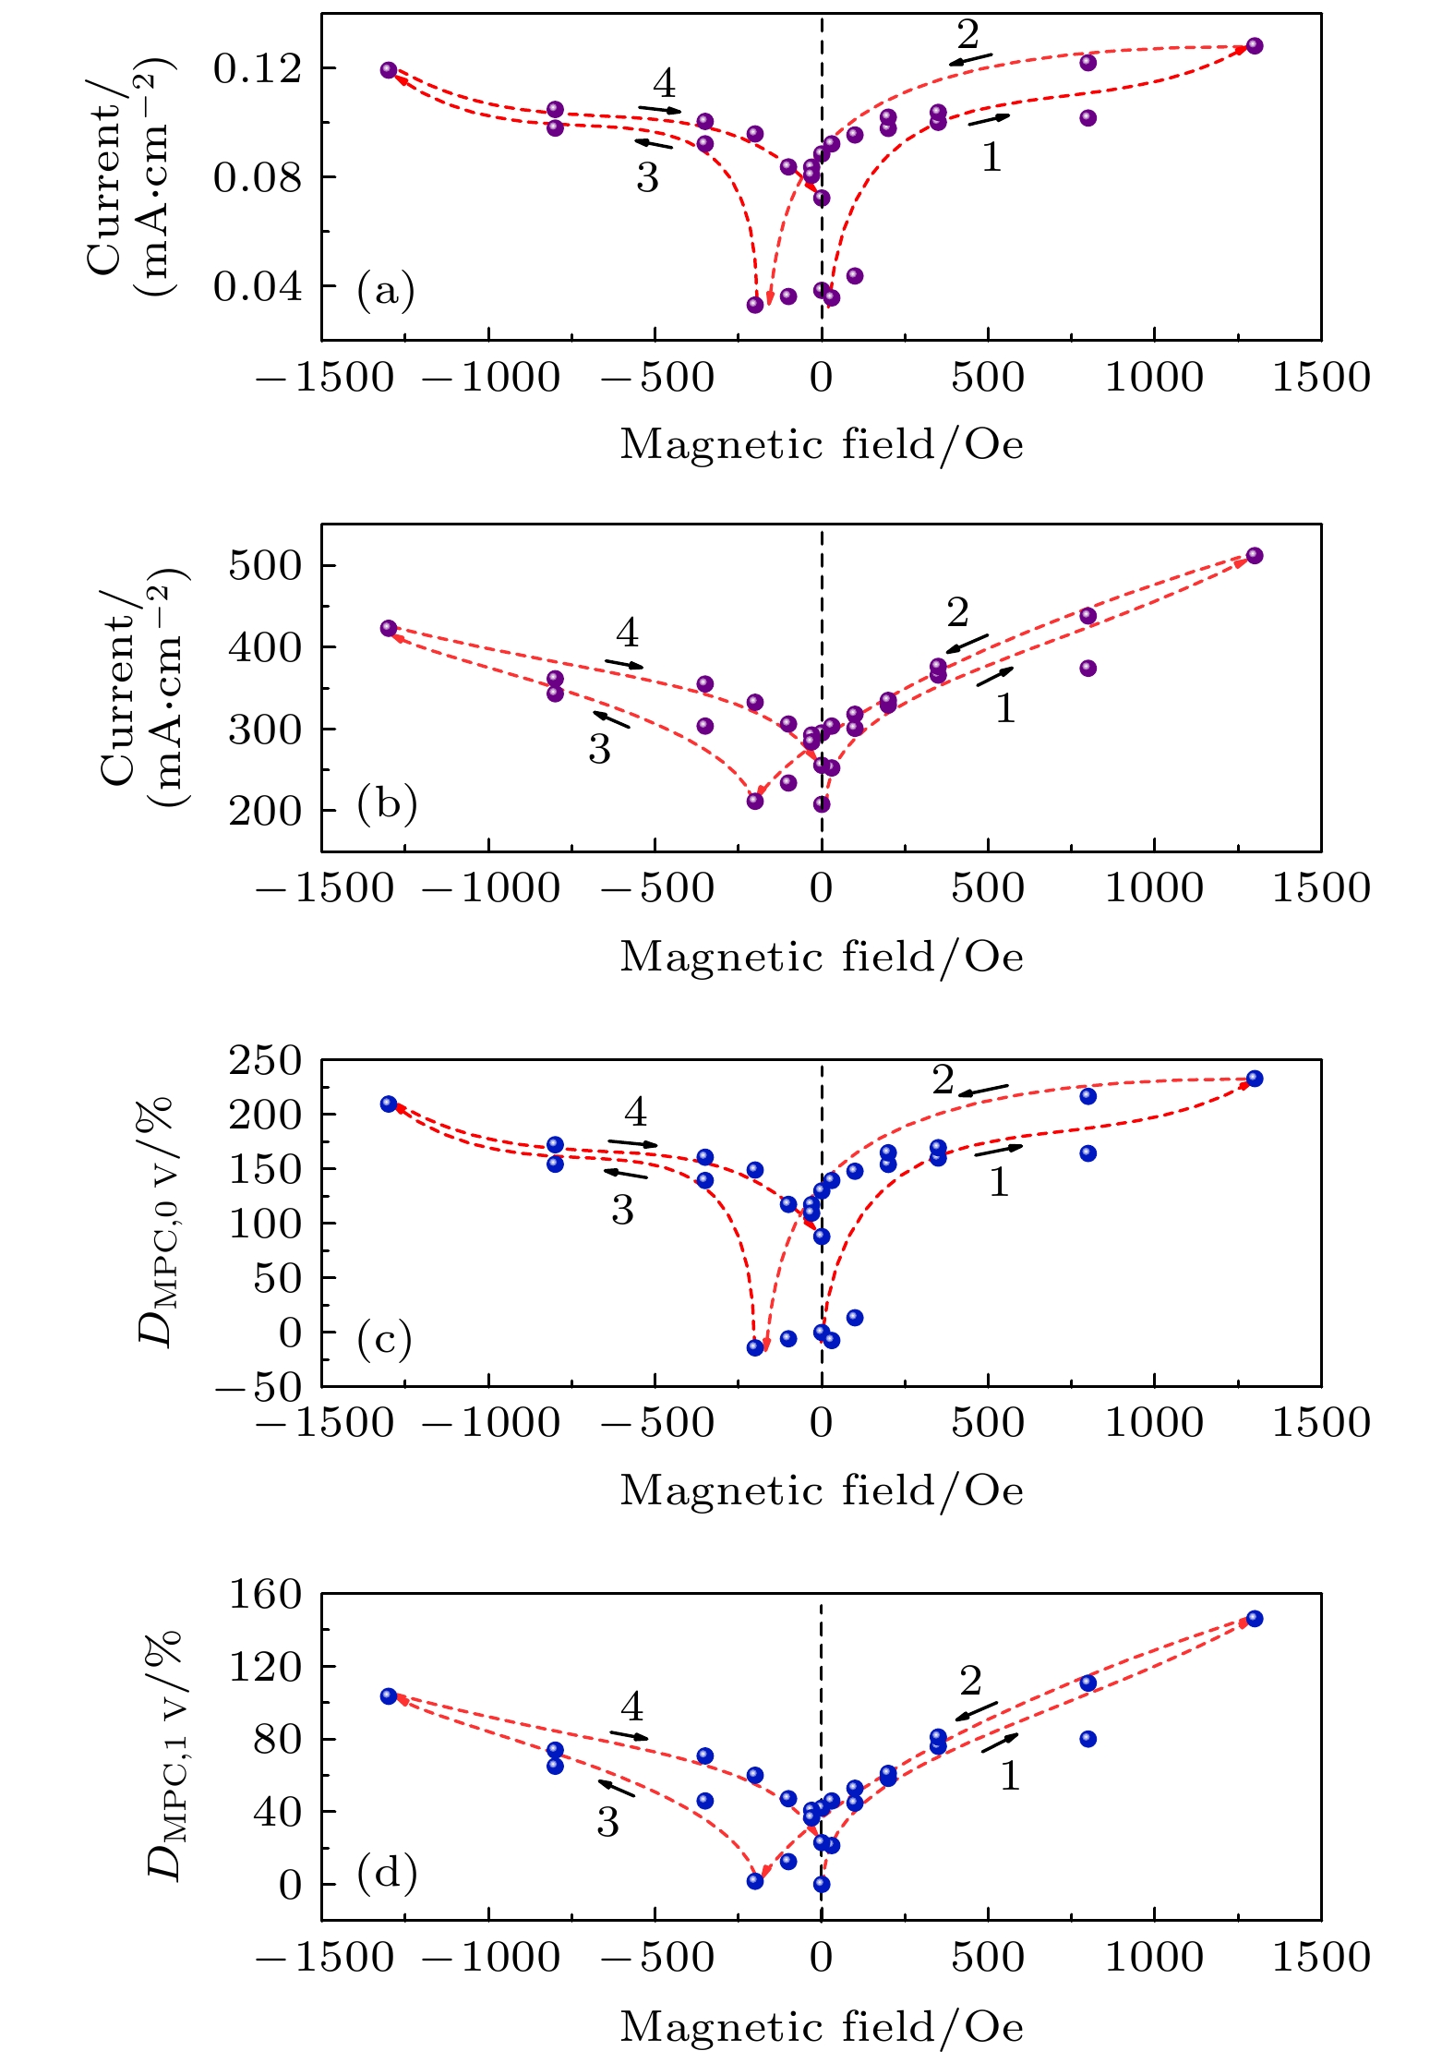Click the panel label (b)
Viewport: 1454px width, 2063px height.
point(387,803)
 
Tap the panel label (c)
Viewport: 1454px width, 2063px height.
point(384,1339)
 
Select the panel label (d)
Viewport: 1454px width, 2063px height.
point(387,1873)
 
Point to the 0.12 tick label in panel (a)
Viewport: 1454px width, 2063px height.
point(258,68)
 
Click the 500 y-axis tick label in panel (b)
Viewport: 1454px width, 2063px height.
point(265,565)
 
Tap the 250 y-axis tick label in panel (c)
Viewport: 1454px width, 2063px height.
point(265,1060)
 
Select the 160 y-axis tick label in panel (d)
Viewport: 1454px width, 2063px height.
point(265,1594)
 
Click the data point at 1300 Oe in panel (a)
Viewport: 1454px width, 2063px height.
point(1254,46)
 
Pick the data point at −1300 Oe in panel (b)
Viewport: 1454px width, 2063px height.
point(389,629)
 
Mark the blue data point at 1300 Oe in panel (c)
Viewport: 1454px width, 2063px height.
point(1254,1079)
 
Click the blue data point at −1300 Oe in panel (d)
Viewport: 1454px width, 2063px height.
point(389,1696)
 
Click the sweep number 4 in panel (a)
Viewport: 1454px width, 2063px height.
point(664,84)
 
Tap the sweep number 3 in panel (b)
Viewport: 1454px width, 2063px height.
point(600,749)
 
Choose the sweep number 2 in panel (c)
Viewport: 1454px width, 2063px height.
point(943,1079)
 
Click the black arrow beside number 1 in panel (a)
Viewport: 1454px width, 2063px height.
point(989,119)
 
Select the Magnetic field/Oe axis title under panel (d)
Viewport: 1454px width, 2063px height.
point(822,2026)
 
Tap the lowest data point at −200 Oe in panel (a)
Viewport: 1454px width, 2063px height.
point(755,305)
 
